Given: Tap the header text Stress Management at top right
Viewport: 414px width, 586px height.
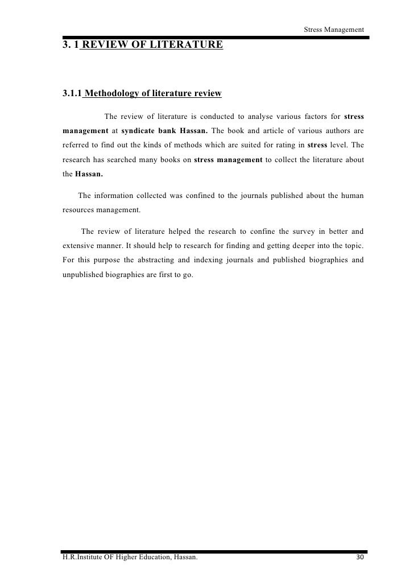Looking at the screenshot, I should (x=334, y=30).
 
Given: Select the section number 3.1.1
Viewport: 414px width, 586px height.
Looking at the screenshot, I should (x=72, y=93).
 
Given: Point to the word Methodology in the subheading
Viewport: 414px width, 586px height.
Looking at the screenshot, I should (x=114, y=93).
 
